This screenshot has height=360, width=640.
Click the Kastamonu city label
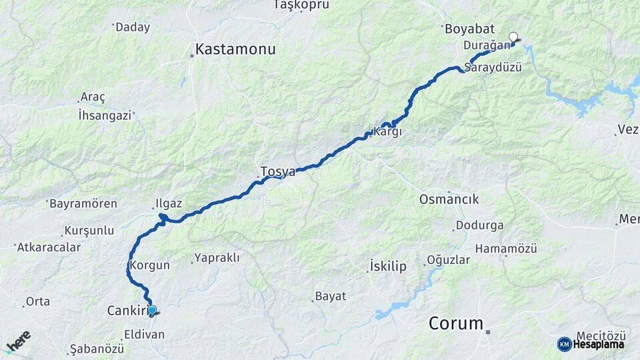click(235, 49)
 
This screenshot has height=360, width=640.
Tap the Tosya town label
click(277, 171)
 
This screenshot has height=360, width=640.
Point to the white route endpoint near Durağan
click(513, 37)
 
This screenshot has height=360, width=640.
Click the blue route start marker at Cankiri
click(152, 310)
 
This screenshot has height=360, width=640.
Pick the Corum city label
click(456, 323)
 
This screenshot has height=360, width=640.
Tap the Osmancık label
click(449, 199)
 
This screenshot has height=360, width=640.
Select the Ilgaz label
click(168, 203)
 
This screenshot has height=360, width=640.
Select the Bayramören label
click(83, 203)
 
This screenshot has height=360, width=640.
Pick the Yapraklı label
click(217, 257)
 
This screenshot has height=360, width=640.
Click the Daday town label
click(132, 27)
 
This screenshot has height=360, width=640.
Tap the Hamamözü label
click(506, 248)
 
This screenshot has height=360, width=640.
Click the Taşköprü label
click(301, 5)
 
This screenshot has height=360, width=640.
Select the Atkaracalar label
click(49, 247)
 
